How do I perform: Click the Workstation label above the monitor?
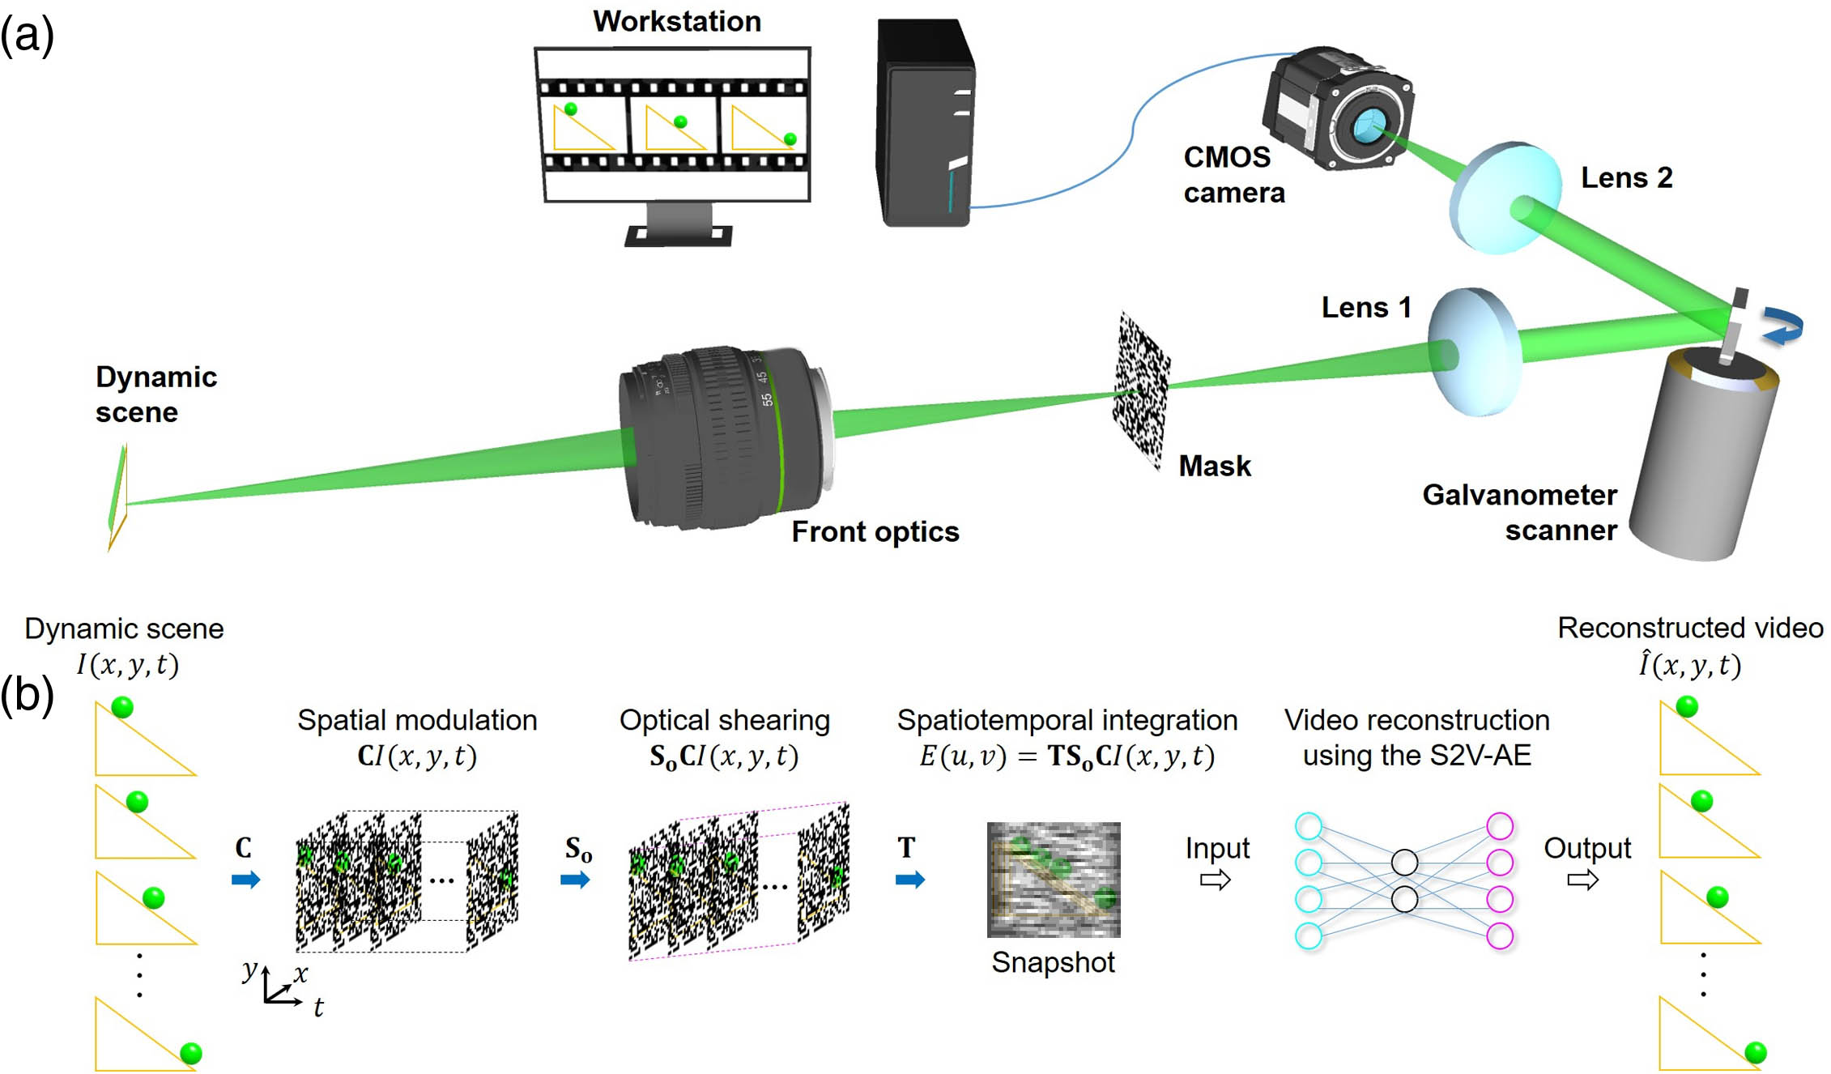[677, 21]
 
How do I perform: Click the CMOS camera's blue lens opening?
[1368, 126]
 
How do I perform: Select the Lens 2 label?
[1626, 177]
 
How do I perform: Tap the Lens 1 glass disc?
[1472, 352]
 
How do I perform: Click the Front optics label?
[875, 531]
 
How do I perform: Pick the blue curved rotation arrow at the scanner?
[1786, 326]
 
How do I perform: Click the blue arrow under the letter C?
[245, 880]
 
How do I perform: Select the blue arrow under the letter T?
[910, 880]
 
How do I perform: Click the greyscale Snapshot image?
[1054, 880]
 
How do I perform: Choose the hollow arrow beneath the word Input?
[1216, 880]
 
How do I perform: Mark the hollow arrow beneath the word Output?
[1582, 880]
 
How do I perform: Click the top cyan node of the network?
[1309, 826]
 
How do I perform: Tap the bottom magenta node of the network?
[1500, 935]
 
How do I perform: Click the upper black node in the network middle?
[1404, 863]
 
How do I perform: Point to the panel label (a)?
[27, 36]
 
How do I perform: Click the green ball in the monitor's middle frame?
[680, 122]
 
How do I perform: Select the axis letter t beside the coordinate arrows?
[318, 1008]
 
